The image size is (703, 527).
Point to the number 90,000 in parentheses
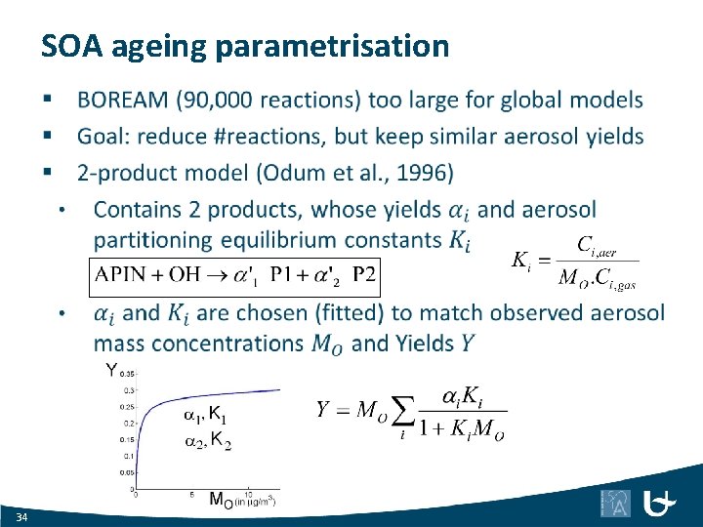click(x=252, y=100)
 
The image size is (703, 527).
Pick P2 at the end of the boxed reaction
click(x=363, y=274)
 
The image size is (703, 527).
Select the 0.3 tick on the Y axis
click(x=128, y=390)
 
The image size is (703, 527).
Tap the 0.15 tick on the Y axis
click(x=126, y=439)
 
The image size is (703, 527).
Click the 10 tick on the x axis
click(x=249, y=493)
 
